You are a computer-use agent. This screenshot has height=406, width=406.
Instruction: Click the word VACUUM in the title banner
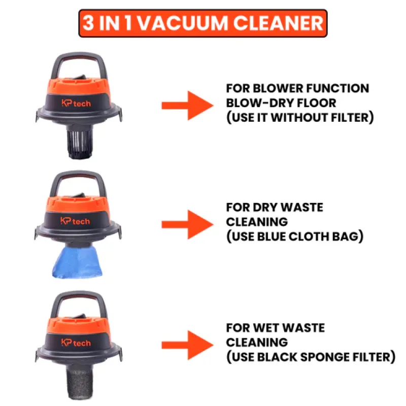tap(182, 23)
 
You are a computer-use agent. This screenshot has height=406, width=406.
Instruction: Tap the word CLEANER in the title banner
tap(278, 23)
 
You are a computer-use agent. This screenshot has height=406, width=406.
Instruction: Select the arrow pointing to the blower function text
tap(187, 106)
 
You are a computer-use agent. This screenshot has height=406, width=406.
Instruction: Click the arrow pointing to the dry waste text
tap(187, 224)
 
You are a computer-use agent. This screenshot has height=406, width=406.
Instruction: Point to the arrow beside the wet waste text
tap(187, 345)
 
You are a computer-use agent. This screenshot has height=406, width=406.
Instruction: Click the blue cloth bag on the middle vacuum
tap(77, 262)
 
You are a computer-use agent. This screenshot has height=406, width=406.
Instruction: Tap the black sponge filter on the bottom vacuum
tap(80, 381)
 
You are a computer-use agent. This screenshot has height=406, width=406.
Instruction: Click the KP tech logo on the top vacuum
tap(76, 103)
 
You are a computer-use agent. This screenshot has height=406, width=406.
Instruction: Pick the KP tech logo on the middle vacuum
tap(75, 221)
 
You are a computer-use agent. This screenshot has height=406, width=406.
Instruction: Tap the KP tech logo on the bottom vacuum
tap(76, 343)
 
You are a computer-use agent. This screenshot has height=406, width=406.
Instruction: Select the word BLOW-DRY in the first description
tap(260, 103)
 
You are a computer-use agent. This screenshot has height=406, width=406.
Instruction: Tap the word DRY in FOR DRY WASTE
tap(265, 207)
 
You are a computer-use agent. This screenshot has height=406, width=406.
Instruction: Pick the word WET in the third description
tap(265, 328)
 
